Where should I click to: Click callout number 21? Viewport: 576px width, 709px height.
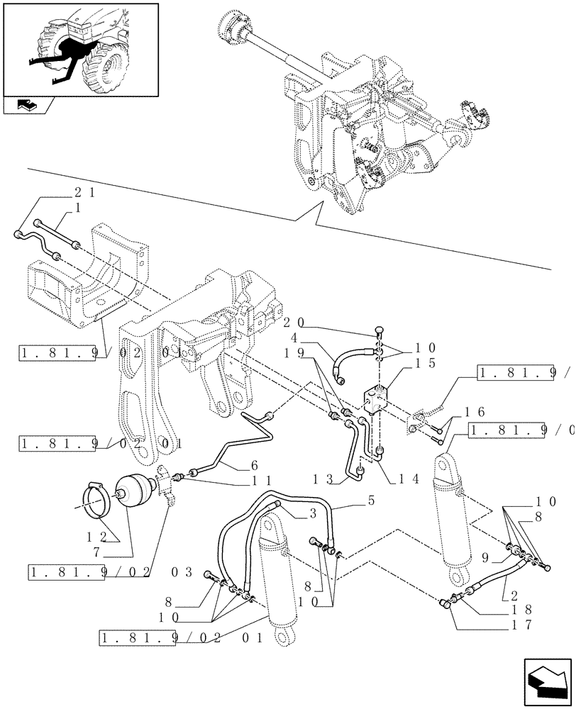click(x=86, y=191)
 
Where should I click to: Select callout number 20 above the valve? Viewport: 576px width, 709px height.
click(x=292, y=321)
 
